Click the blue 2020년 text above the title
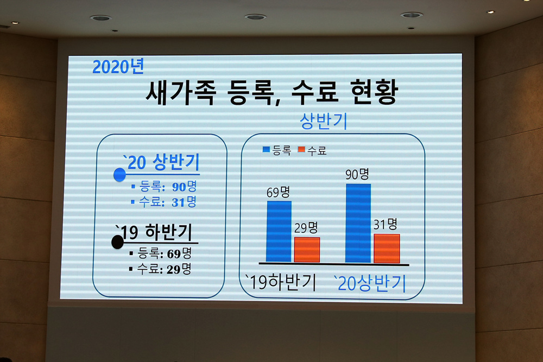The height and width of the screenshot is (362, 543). pos(118,66)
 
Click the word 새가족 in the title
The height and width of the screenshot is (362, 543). pos(181,92)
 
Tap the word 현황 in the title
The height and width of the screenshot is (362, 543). pos(374,91)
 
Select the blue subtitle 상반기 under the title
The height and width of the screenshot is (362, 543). pos(324,121)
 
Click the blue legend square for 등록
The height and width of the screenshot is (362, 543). pos(266,149)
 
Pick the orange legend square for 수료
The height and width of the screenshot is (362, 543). pos(301,149)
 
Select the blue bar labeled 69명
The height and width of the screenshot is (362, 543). pos(279,231)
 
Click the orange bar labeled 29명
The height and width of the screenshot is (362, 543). pos(307,250)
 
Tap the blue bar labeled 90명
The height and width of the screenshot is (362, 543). pos(358,223)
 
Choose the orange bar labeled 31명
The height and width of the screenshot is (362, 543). pos(387,249)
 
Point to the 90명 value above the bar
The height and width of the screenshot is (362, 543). pos(357,174)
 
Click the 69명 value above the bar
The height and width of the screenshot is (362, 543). pos(278,192)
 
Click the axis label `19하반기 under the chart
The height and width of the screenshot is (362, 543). pos(281,282)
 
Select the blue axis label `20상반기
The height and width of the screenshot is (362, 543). pos(369,283)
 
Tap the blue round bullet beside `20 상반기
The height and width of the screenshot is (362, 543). pos(119,175)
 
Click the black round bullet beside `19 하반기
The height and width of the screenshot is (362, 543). pos(117,242)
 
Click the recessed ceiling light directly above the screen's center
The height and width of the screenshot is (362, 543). pos(255,17)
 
